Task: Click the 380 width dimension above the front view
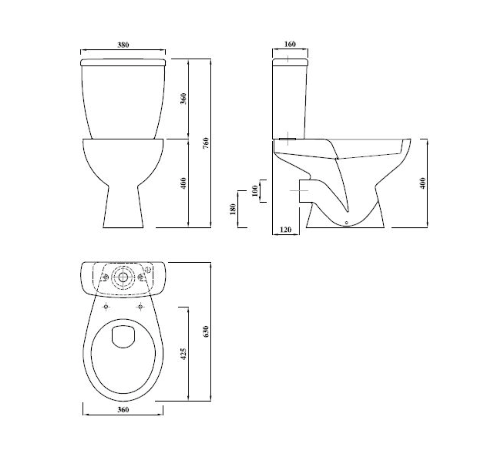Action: tap(123, 45)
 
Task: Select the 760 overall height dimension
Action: tap(206, 143)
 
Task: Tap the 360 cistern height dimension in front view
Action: tap(184, 98)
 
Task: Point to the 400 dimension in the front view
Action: tap(184, 183)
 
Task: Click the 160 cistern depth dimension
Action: tap(290, 44)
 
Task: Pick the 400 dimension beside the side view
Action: tap(423, 183)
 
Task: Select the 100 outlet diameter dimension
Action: tap(255, 190)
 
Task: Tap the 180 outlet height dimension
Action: tap(233, 209)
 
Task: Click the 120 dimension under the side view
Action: tap(285, 230)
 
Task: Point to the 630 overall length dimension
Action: tap(206, 331)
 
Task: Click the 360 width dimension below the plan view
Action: tap(123, 409)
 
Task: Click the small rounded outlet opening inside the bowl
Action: tap(123, 336)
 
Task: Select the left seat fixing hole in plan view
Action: tap(106, 307)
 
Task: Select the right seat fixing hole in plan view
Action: tap(140, 307)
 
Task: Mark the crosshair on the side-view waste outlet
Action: tap(299, 190)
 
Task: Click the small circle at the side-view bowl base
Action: tap(346, 223)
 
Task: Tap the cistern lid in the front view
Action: tap(123, 62)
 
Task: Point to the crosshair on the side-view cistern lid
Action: tap(288, 59)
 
